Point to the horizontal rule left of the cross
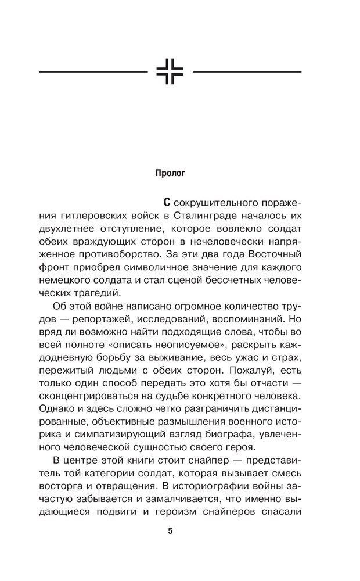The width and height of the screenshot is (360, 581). [93, 72]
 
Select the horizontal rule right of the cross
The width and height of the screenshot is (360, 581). [247, 72]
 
